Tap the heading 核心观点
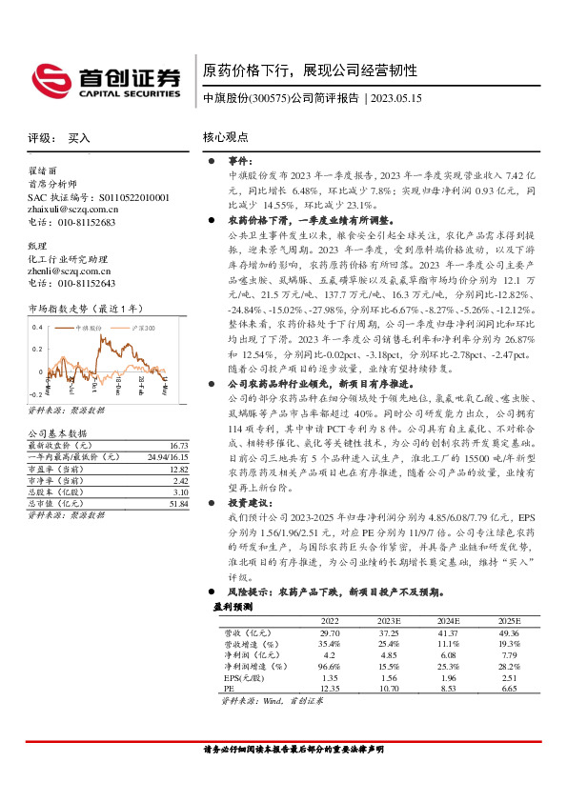tap(226, 137)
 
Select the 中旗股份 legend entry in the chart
tap(92, 328)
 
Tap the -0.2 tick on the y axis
tap(35, 393)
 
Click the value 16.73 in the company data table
tap(177, 445)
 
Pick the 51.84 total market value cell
tap(177, 504)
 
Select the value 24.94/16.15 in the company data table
tap(166, 457)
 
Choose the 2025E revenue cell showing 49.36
tap(510, 632)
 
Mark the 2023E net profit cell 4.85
tap(387, 654)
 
